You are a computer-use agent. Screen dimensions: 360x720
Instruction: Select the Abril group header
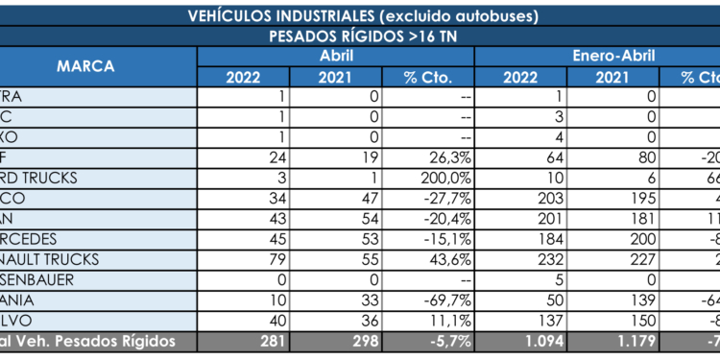click(335, 56)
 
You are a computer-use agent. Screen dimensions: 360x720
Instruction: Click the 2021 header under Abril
click(335, 78)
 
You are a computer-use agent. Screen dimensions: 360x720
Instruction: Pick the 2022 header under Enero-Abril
click(519, 78)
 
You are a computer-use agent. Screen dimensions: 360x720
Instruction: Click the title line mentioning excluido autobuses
click(360, 14)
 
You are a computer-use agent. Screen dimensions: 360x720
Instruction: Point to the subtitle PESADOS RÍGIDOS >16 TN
click(360, 36)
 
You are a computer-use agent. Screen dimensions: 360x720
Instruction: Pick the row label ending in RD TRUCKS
click(48, 178)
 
